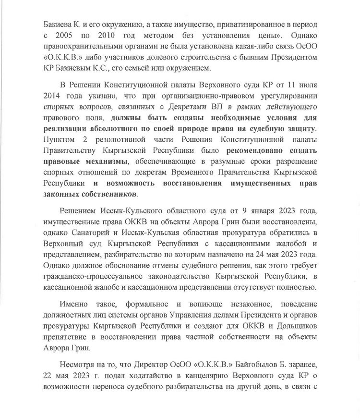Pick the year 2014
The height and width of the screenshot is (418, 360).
53,102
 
